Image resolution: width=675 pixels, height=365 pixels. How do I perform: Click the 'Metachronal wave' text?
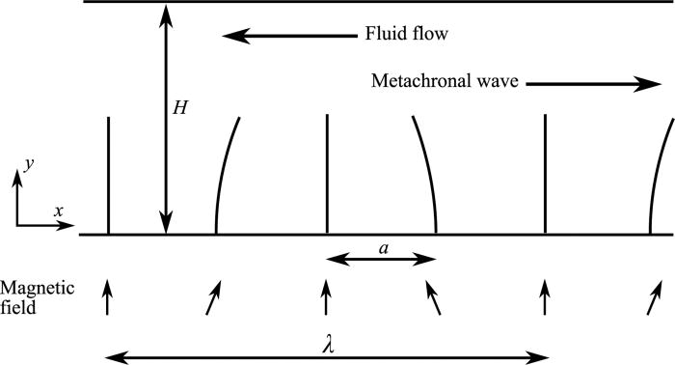[445, 83]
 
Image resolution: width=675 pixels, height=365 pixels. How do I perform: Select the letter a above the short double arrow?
[383, 248]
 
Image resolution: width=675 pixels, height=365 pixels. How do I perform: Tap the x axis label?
[58, 210]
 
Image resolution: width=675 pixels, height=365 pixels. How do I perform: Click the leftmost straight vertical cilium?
[108, 174]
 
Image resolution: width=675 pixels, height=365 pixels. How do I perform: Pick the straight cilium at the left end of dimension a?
[328, 174]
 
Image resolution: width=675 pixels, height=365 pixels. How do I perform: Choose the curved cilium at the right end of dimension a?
[427, 174]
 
